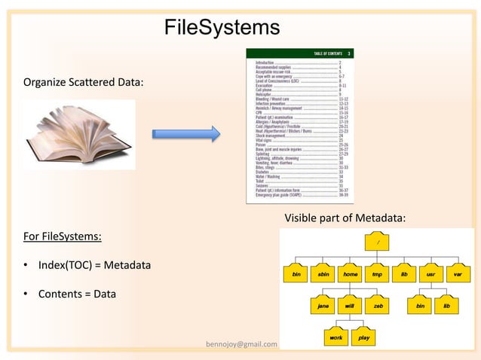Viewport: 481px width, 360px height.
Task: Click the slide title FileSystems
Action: click(x=222, y=29)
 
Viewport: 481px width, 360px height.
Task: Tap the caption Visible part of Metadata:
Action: click(x=345, y=218)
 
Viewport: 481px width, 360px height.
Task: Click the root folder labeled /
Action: click(x=377, y=243)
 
